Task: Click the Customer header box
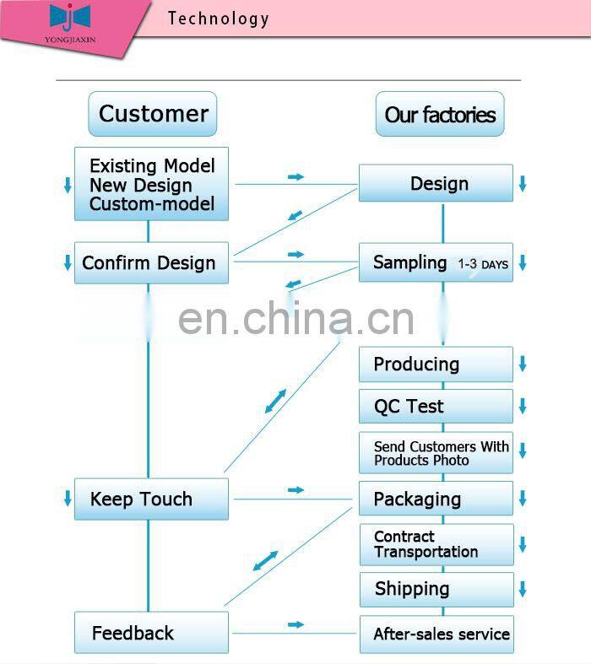(x=153, y=114)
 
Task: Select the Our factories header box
(x=440, y=115)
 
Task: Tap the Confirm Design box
(x=151, y=262)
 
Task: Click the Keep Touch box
(x=151, y=499)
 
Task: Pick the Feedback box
(x=151, y=633)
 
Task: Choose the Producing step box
(x=436, y=364)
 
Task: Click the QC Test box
(x=436, y=406)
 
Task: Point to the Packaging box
(x=436, y=499)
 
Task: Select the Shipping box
(x=436, y=589)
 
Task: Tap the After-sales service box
(x=436, y=634)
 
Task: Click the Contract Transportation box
(x=436, y=544)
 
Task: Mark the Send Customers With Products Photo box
(x=436, y=453)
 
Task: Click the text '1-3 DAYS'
(x=483, y=264)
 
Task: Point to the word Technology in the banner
(x=218, y=19)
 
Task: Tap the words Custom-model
(x=152, y=204)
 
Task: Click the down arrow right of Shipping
(x=523, y=589)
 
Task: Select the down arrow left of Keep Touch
(x=68, y=499)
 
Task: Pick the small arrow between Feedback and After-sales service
(x=295, y=624)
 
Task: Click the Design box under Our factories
(x=436, y=183)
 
